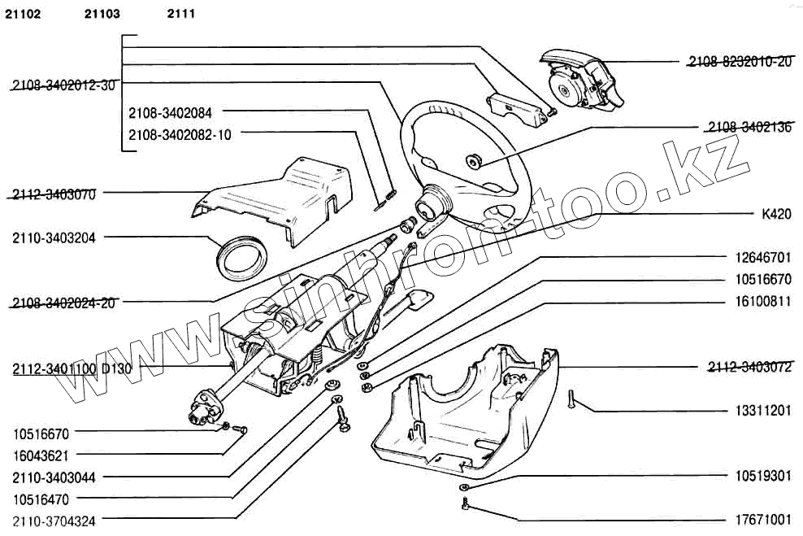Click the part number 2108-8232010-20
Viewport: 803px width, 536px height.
point(739,61)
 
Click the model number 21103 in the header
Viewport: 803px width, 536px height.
point(102,14)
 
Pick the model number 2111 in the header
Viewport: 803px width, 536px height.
point(181,14)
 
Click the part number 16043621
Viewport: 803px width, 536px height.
point(41,455)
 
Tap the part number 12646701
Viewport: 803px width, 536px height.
point(762,258)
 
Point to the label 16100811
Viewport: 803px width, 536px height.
point(762,301)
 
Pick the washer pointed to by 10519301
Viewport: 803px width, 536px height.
point(463,487)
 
